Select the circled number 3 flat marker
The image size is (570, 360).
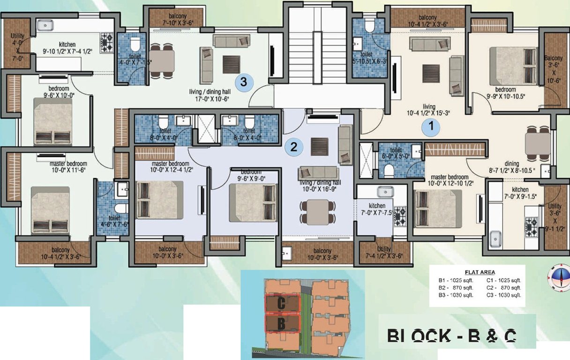[x=243, y=82]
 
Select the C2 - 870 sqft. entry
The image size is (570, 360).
[x=503, y=287]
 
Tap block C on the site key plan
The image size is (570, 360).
[x=282, y=303]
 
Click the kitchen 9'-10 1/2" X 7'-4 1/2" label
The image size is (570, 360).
[x=67, y=48]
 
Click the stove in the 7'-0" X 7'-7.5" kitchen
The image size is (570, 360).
[x=401, y=217]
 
